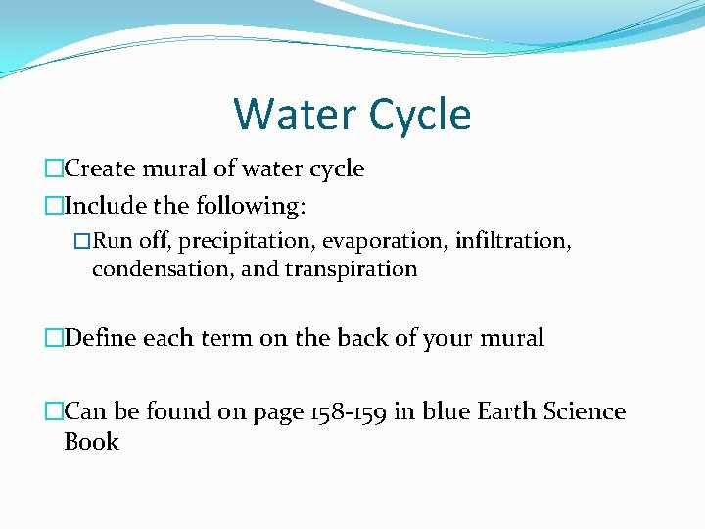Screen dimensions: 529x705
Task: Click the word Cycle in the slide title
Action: click(415, 114)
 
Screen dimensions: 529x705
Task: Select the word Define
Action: click(101, 338)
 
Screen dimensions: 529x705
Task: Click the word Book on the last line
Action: click(90, 442)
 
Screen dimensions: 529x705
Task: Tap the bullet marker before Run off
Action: click(82, 241)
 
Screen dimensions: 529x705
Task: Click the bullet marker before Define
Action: click(54, 339)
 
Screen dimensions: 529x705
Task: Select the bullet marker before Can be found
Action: click(54, 412)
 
